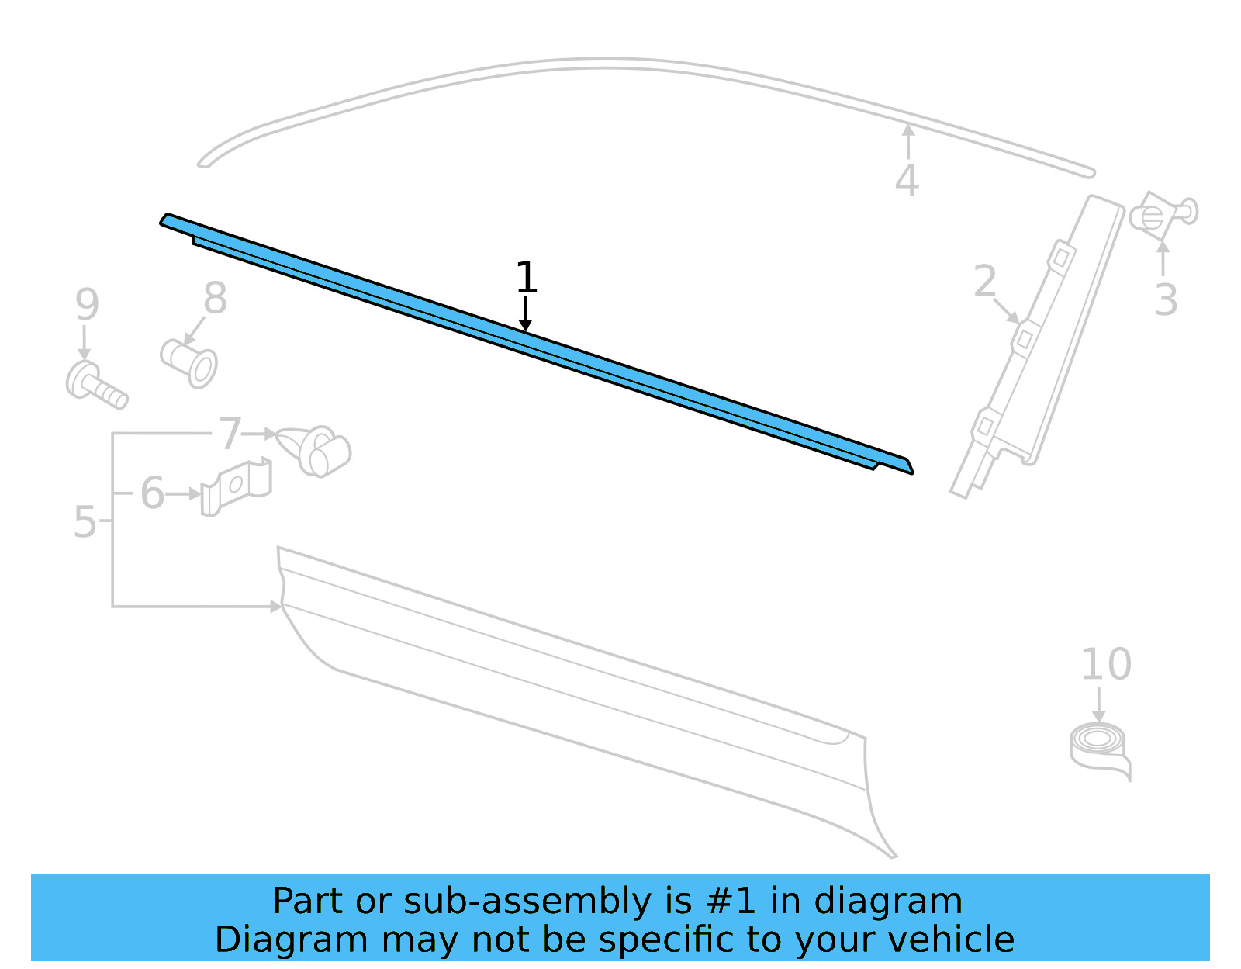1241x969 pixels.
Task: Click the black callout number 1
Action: coord(526,277)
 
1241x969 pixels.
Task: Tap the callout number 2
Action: coord(984,281)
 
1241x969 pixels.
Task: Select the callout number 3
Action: coord(1166,299)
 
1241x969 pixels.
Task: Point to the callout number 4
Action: coord(907,180)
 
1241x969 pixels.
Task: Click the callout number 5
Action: coord(85,521)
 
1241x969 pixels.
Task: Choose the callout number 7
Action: coord(230,434)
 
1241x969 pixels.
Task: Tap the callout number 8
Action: coord(216,297)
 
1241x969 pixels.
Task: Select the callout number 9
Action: coord(88,304)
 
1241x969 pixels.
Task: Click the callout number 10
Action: coord(1106,664)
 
